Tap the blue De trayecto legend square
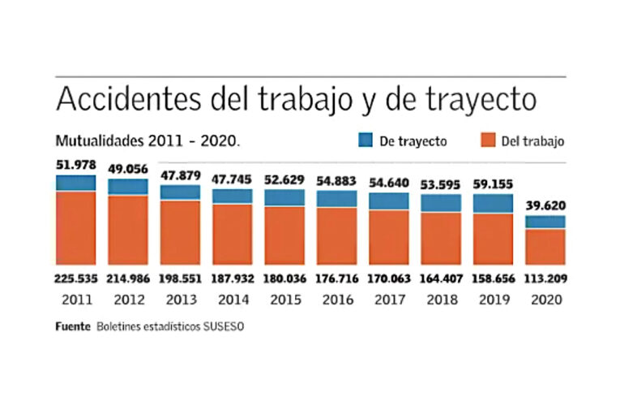tap(366, 140)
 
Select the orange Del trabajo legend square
tap(487, 140)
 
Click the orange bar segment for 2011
tap(76, 227)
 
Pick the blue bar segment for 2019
tap(494, 203)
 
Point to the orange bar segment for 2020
tap(545, 246)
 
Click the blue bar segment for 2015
tap(284, 197)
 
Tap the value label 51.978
tap(76, 165)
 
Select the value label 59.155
tap(494, 184)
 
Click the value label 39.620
tap(545, 207)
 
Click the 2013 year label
tap(181, 300)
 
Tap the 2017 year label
tap(389, 300)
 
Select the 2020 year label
tap(545, 300)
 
